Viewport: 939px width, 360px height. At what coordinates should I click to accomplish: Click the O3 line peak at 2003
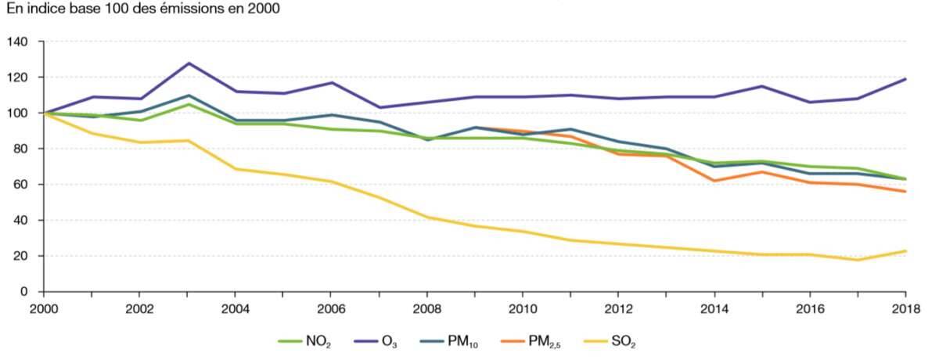tap(188, 63)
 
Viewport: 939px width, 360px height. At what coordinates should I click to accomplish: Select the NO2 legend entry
tap(306, 341)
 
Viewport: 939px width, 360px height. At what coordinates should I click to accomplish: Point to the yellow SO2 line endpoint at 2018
tap(905, 251)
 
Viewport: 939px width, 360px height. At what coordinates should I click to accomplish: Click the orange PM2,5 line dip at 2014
tap(714, 181)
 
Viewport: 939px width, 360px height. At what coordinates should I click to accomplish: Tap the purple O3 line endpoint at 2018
tap(905, 79)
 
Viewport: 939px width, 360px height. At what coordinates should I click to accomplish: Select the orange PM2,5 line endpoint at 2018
tap(905, 192)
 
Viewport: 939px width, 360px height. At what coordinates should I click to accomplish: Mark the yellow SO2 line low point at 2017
tap(858, 260)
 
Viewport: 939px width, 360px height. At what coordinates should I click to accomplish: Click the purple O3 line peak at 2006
tap(332, 83)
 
